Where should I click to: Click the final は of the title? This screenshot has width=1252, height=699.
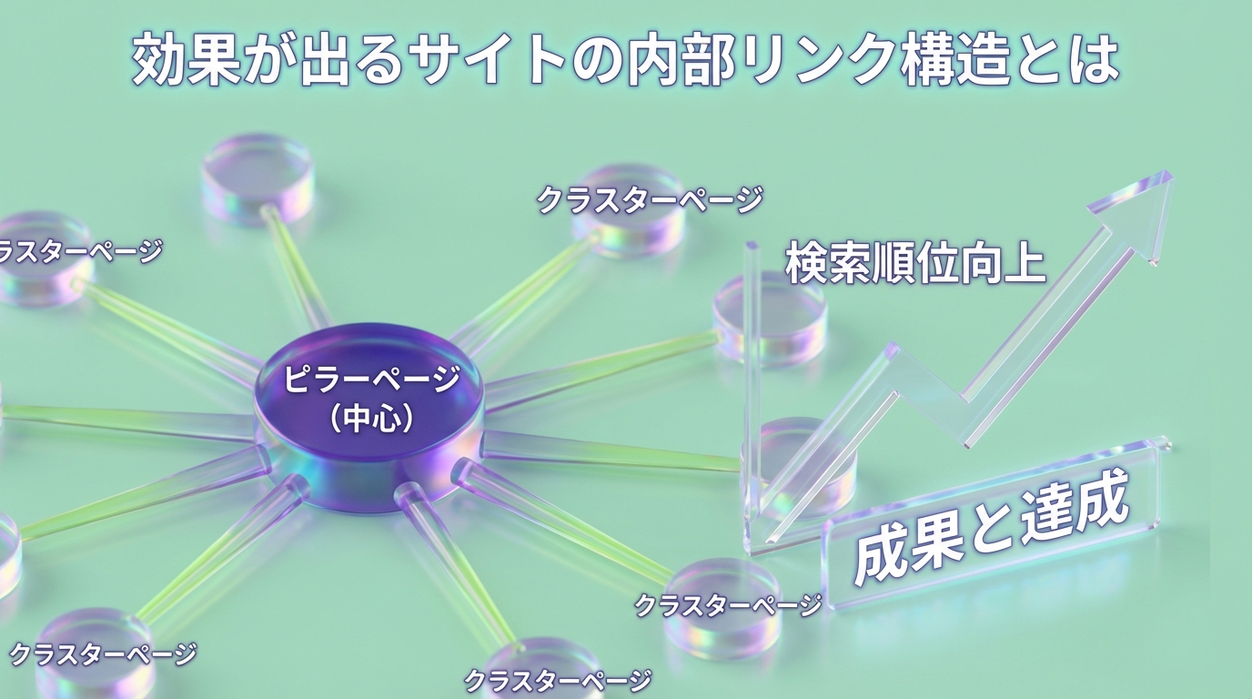(x=1092, y=60)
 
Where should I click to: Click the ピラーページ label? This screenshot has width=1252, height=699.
(x=371, y=379)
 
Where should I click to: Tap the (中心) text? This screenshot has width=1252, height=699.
(x=372, y=419)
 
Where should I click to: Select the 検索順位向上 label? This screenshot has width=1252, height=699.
(x=914, y=262)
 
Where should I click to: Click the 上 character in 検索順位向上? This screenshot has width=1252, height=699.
(x=1023, y=262)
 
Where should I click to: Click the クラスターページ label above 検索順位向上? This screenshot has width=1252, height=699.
(x=649, y=199)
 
